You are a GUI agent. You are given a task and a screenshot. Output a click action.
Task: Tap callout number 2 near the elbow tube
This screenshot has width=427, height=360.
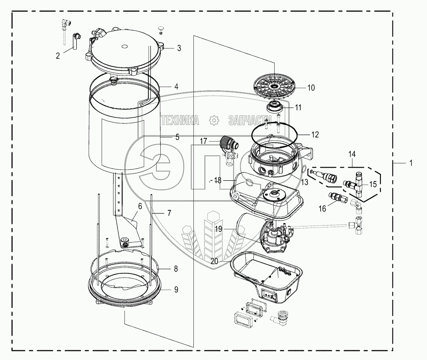point(58,56)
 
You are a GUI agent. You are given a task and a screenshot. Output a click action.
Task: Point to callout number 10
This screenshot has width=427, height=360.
point(311,88)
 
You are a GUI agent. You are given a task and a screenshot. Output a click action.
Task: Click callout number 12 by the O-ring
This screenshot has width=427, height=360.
point(315,134)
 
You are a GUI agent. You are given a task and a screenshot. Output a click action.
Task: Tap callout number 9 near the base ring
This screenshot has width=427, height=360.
point(176,289)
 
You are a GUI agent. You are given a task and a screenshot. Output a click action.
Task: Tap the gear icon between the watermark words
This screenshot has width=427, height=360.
point(214,120)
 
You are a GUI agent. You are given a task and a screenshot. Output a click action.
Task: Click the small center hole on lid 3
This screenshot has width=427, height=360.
point(124,46)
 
